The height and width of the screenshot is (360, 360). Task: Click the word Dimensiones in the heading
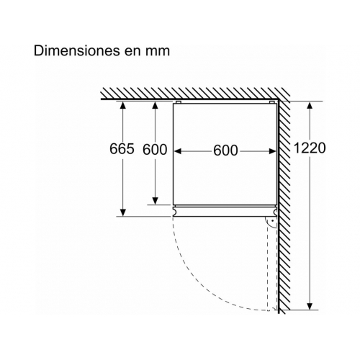77,51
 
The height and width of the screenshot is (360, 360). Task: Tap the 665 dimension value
122,149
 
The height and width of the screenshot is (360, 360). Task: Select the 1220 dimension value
310,148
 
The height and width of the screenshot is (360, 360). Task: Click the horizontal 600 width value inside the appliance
225,150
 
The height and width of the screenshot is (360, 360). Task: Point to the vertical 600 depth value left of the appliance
155,150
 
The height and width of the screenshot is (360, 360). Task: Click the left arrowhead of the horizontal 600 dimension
178,151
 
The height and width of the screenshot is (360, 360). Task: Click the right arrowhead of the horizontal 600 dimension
273,151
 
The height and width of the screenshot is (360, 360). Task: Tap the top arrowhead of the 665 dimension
123,105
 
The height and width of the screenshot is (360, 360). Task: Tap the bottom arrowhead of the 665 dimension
123,212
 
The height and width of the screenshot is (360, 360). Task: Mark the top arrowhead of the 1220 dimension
310,106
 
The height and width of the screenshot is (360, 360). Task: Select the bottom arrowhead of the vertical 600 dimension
156,201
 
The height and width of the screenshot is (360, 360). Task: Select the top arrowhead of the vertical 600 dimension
156,105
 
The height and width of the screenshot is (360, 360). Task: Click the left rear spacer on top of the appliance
179,102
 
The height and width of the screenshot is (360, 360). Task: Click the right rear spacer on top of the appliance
271,102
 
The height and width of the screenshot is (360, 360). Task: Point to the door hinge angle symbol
271,222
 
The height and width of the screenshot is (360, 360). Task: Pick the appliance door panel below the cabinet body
225,211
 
